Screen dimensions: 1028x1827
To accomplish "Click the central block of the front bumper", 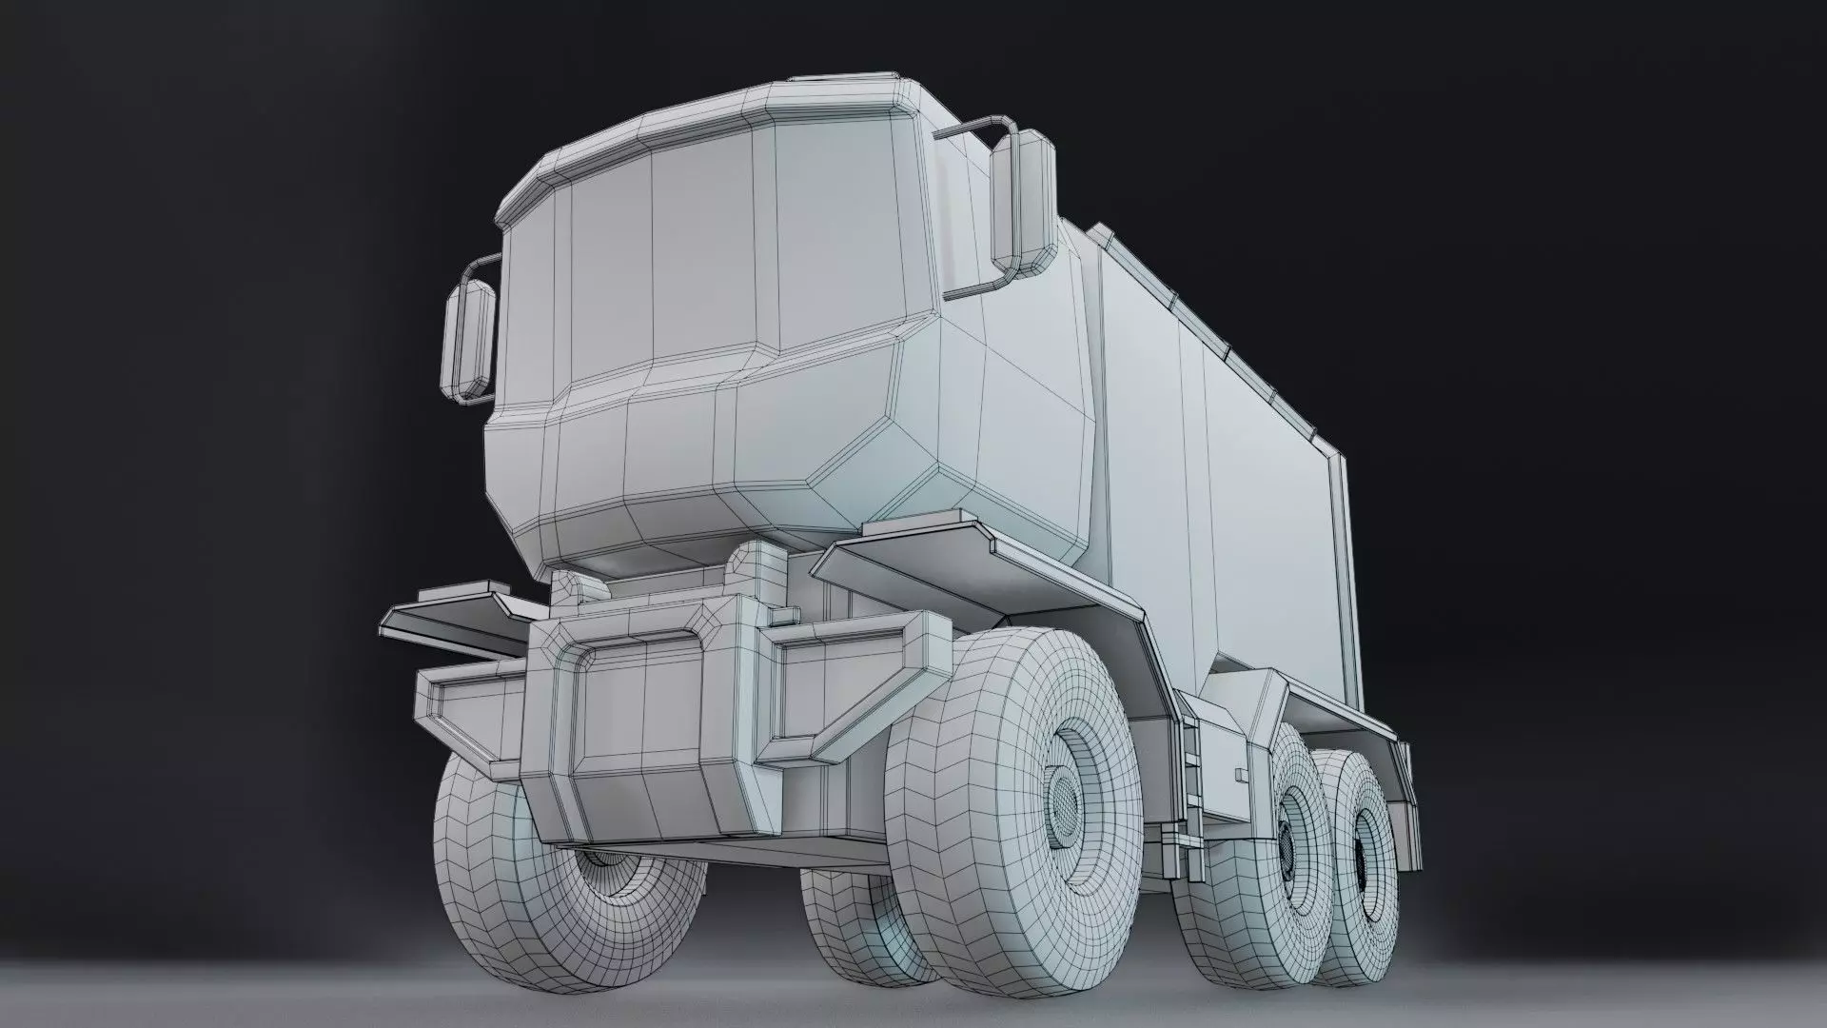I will point(647,723).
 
